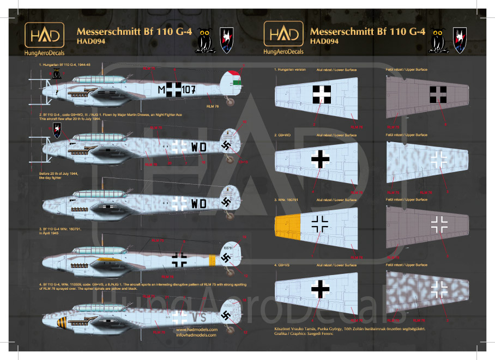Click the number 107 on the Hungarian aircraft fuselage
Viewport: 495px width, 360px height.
186,90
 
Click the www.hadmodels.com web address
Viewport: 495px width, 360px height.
197,330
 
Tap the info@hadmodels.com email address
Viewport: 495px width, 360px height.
197,335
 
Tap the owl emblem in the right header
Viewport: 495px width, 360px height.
437,39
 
